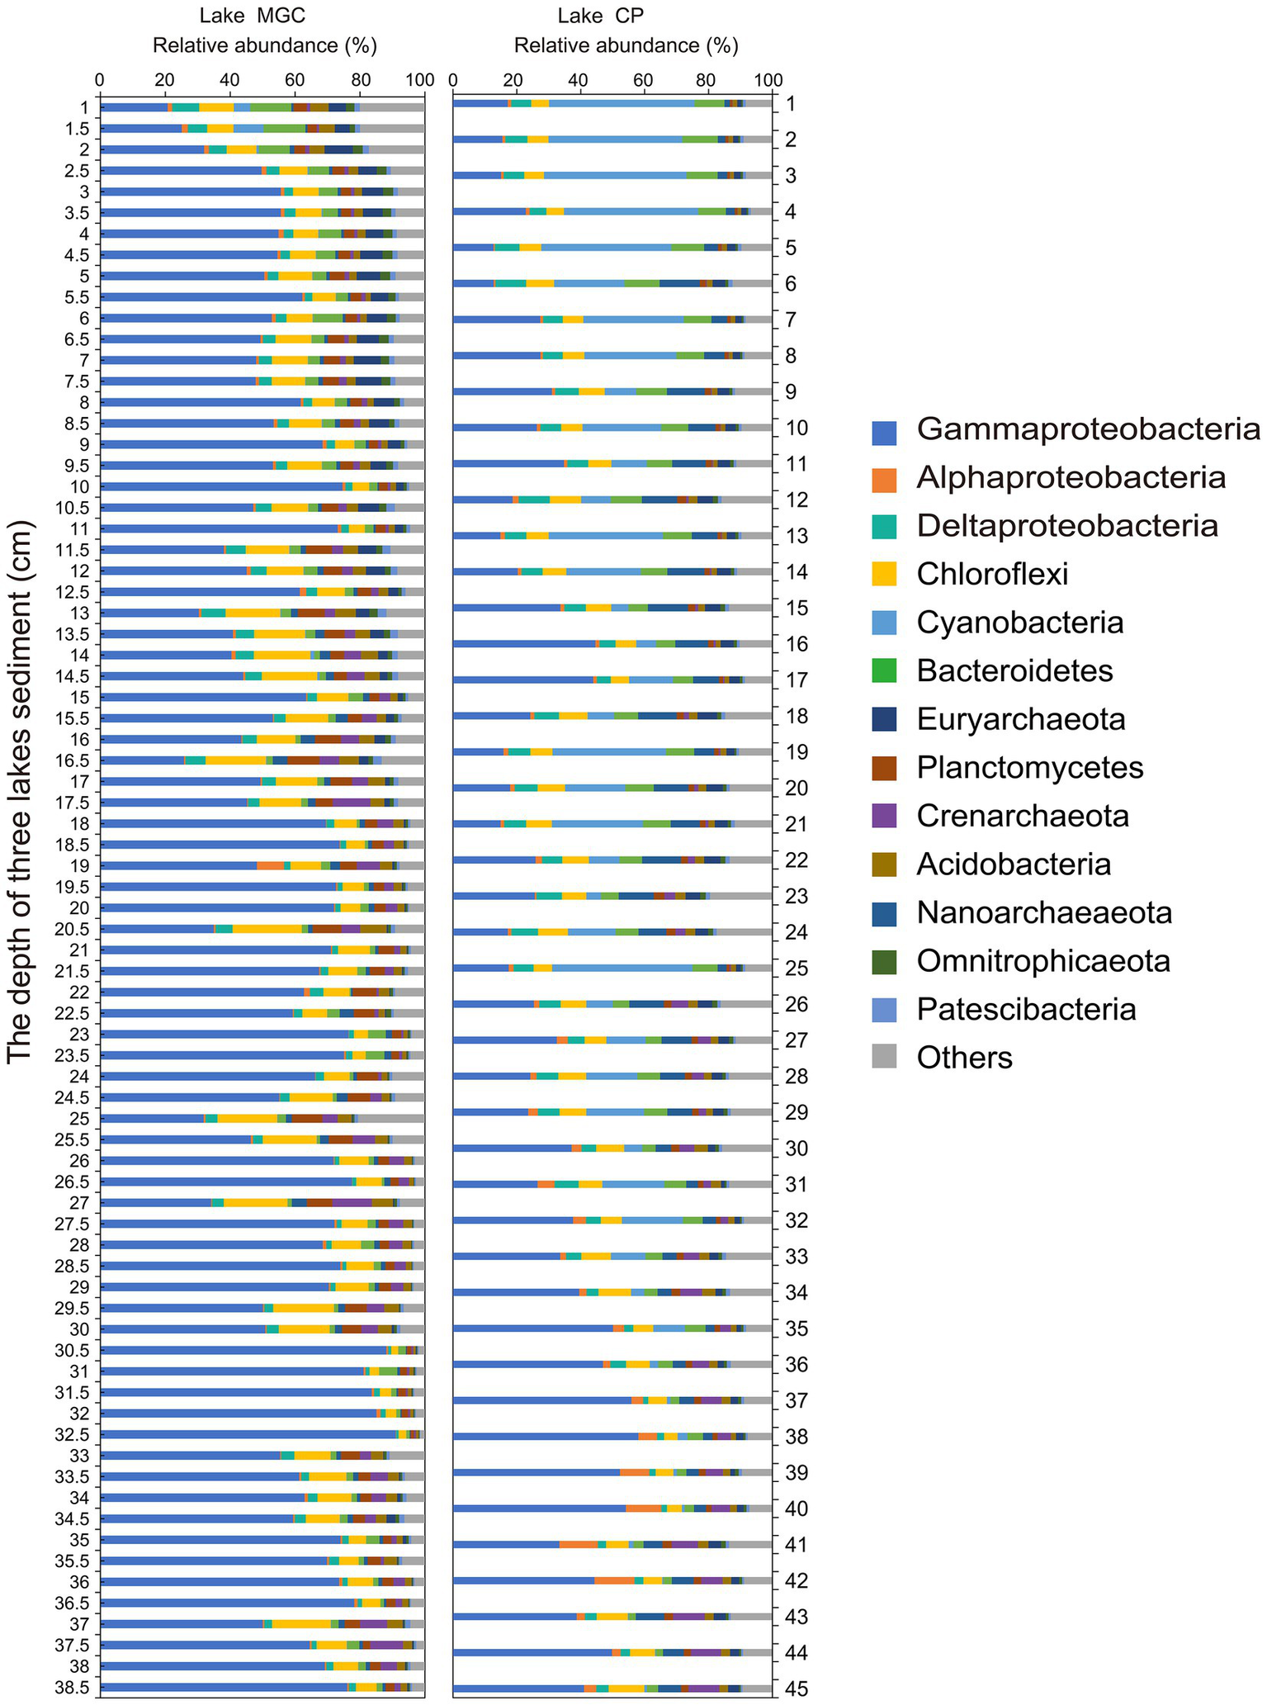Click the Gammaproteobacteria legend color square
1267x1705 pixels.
(x=884, y=429)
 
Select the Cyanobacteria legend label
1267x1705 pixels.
(x=1019, y=623)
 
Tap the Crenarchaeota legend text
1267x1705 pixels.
(x=1023, y=816)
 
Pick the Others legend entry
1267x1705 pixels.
(x=964, y=1057)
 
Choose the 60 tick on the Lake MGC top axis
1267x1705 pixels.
(x=295, y=80)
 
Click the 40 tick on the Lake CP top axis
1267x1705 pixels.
(x=579, y=80)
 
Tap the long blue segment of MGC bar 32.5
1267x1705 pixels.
(x=248, y=1434)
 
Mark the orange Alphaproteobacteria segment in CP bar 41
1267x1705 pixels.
(x=578, y=1544)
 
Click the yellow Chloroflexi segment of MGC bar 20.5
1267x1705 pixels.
(x=267, y=929)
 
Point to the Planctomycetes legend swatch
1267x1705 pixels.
(x=884, y=768)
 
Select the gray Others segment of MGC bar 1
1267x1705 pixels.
(x=392, y=107)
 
